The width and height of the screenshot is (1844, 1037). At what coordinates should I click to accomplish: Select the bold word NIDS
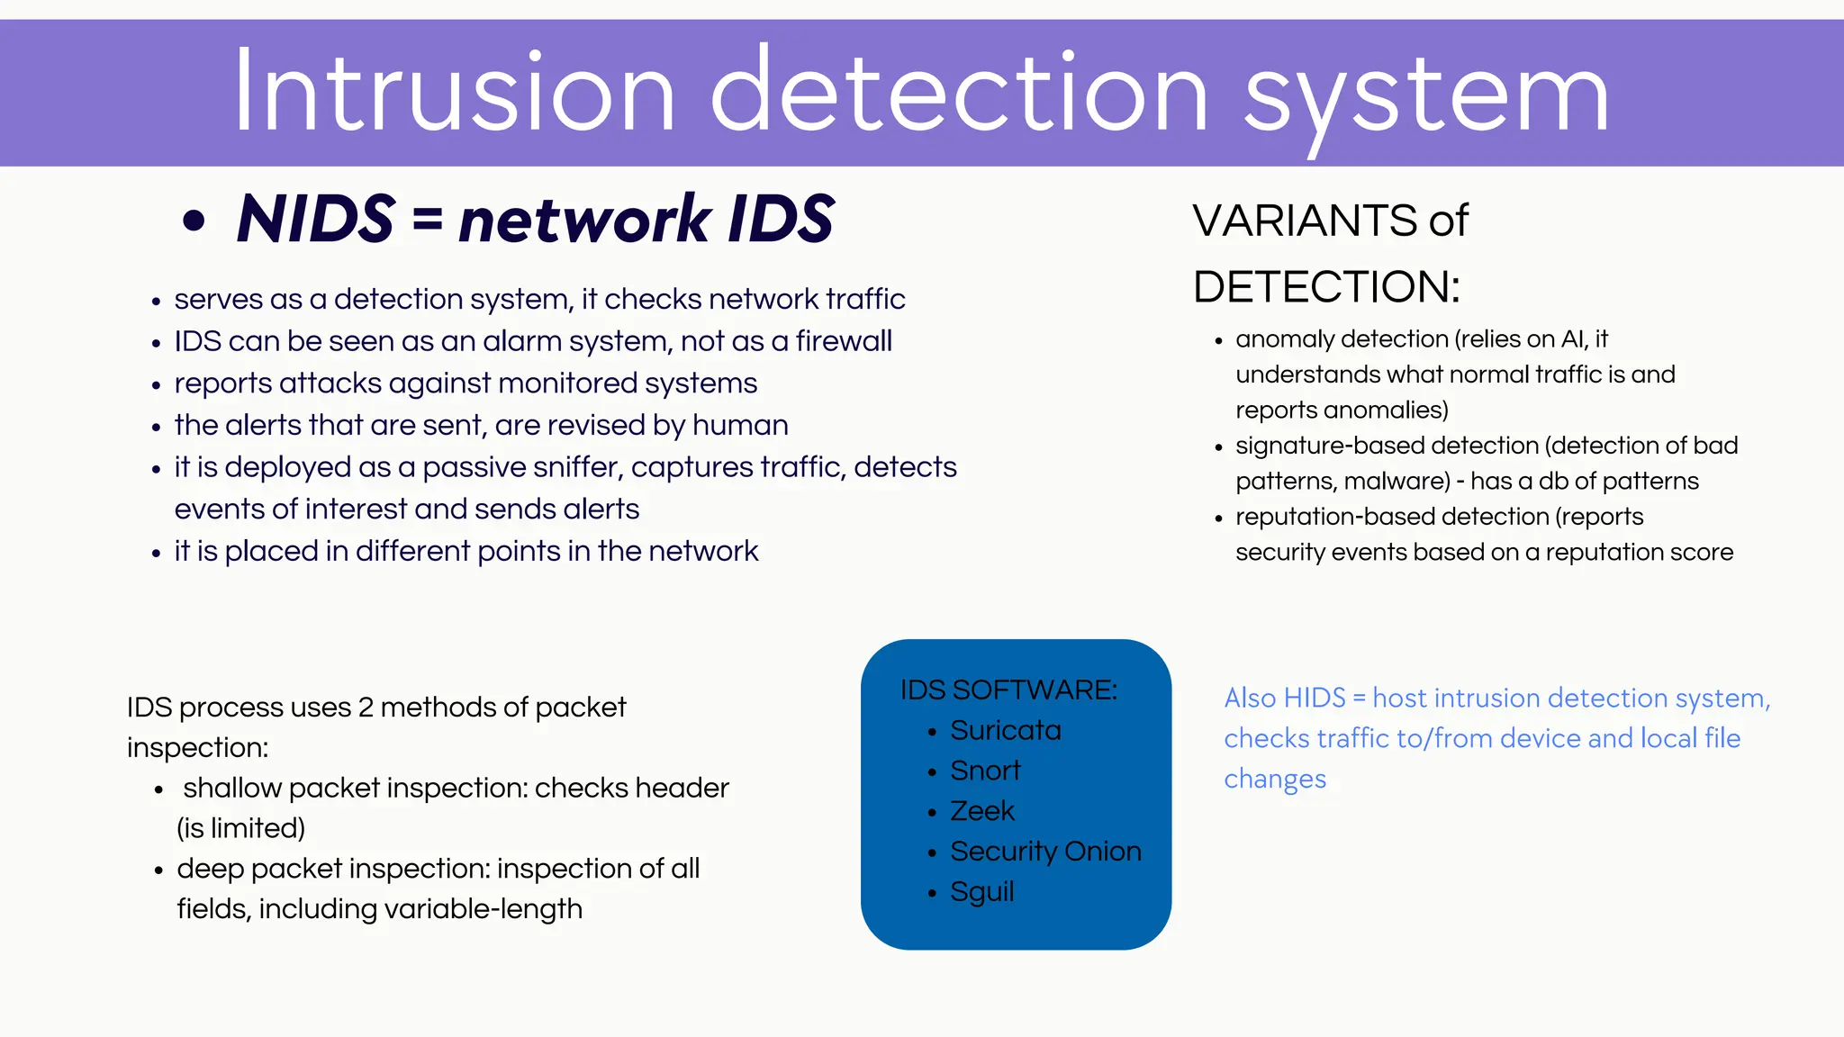tap(316, 219)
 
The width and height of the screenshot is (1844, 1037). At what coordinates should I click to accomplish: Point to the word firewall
tap(844, 341)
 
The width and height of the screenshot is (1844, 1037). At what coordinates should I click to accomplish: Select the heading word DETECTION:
tap(1326, 287)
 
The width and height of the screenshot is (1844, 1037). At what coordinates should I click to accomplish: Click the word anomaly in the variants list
tap(1284, 339)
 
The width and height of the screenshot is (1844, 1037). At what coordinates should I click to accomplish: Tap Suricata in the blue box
tap(1006, 730)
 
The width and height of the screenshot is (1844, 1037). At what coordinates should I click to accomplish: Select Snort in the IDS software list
tap(985, 771)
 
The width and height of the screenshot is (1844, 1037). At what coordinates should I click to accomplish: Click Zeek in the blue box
tap(982, 811)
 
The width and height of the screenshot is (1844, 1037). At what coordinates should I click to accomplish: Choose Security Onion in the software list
tap(1045, 852)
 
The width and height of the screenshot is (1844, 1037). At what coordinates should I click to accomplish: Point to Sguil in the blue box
tap(982, 892)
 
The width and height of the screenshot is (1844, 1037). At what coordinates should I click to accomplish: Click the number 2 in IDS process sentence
tap(366, 708)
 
